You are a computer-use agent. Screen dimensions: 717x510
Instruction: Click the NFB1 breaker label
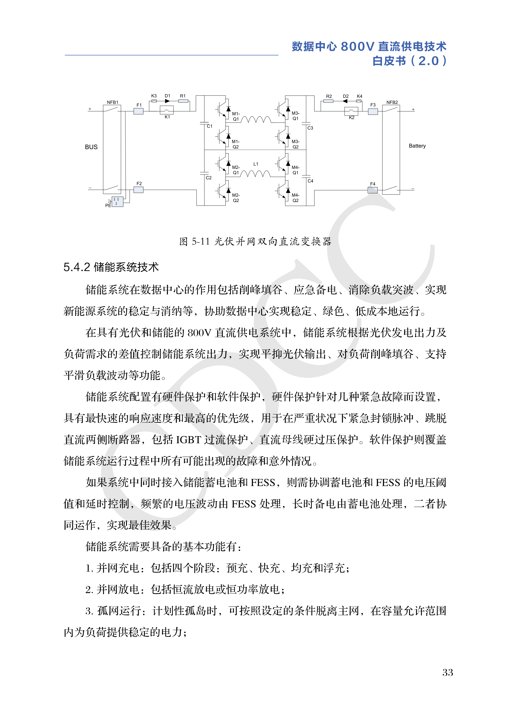(x=112, y=102)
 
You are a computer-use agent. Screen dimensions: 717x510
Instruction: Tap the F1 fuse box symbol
(x=138, y=111)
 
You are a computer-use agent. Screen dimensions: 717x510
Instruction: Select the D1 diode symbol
(x=167, y=101)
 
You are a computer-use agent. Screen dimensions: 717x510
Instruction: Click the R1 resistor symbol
(x=183, y=101)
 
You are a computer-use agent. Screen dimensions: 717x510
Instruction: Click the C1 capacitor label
(x=209, y=126)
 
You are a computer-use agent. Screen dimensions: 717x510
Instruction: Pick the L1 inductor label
(x=256, y=164)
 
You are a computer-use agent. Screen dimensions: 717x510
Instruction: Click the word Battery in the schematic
(x=417, y=146)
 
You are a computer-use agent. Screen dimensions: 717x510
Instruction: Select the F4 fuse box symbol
(x=372, y=190)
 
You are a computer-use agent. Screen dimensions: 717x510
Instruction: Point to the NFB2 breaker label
(x=392, y=102)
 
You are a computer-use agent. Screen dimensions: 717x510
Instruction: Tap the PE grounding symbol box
(x=117, y=201)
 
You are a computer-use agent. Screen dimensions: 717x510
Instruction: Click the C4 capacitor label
(x=310, y=181)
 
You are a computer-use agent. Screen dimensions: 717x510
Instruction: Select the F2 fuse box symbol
(x=138, y=190)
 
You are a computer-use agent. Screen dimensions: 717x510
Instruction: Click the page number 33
(x=448, y=672)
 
